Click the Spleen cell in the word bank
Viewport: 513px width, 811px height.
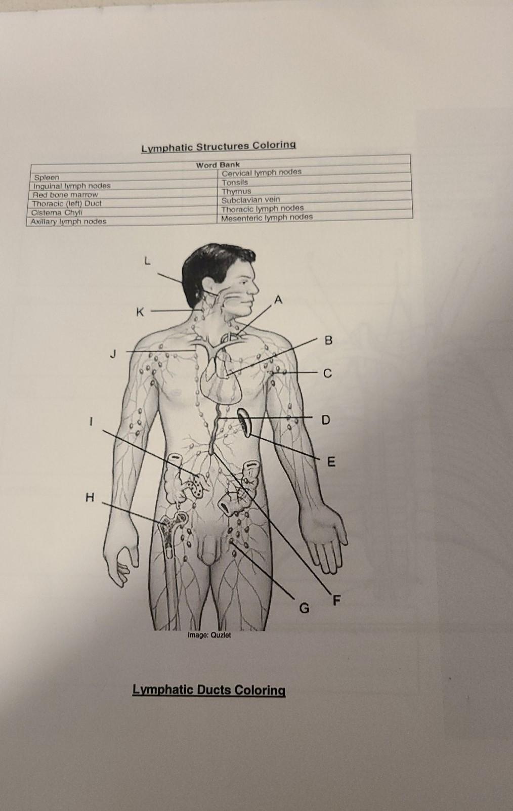[47, 178]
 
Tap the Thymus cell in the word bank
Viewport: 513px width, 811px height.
[236, 191]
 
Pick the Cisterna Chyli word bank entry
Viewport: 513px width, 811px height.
[56, 212]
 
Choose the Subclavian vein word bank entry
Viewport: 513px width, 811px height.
[250, 200]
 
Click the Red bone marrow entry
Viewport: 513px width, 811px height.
[65, 195]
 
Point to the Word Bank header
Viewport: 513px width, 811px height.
[218, 165]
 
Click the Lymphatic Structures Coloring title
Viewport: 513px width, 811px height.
[219, 146]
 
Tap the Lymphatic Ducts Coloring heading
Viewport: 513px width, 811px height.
[208, 690]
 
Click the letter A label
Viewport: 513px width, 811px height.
[277, 300]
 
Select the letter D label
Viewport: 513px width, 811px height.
[325, 420]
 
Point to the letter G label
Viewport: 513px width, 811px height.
[304, 608]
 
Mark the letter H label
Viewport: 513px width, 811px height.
[90, 498]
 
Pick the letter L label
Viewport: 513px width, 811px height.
[147, 262]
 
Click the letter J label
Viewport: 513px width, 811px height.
[114, 354]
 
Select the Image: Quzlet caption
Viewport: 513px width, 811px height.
[209, 635]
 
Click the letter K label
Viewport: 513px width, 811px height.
[139, 312]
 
